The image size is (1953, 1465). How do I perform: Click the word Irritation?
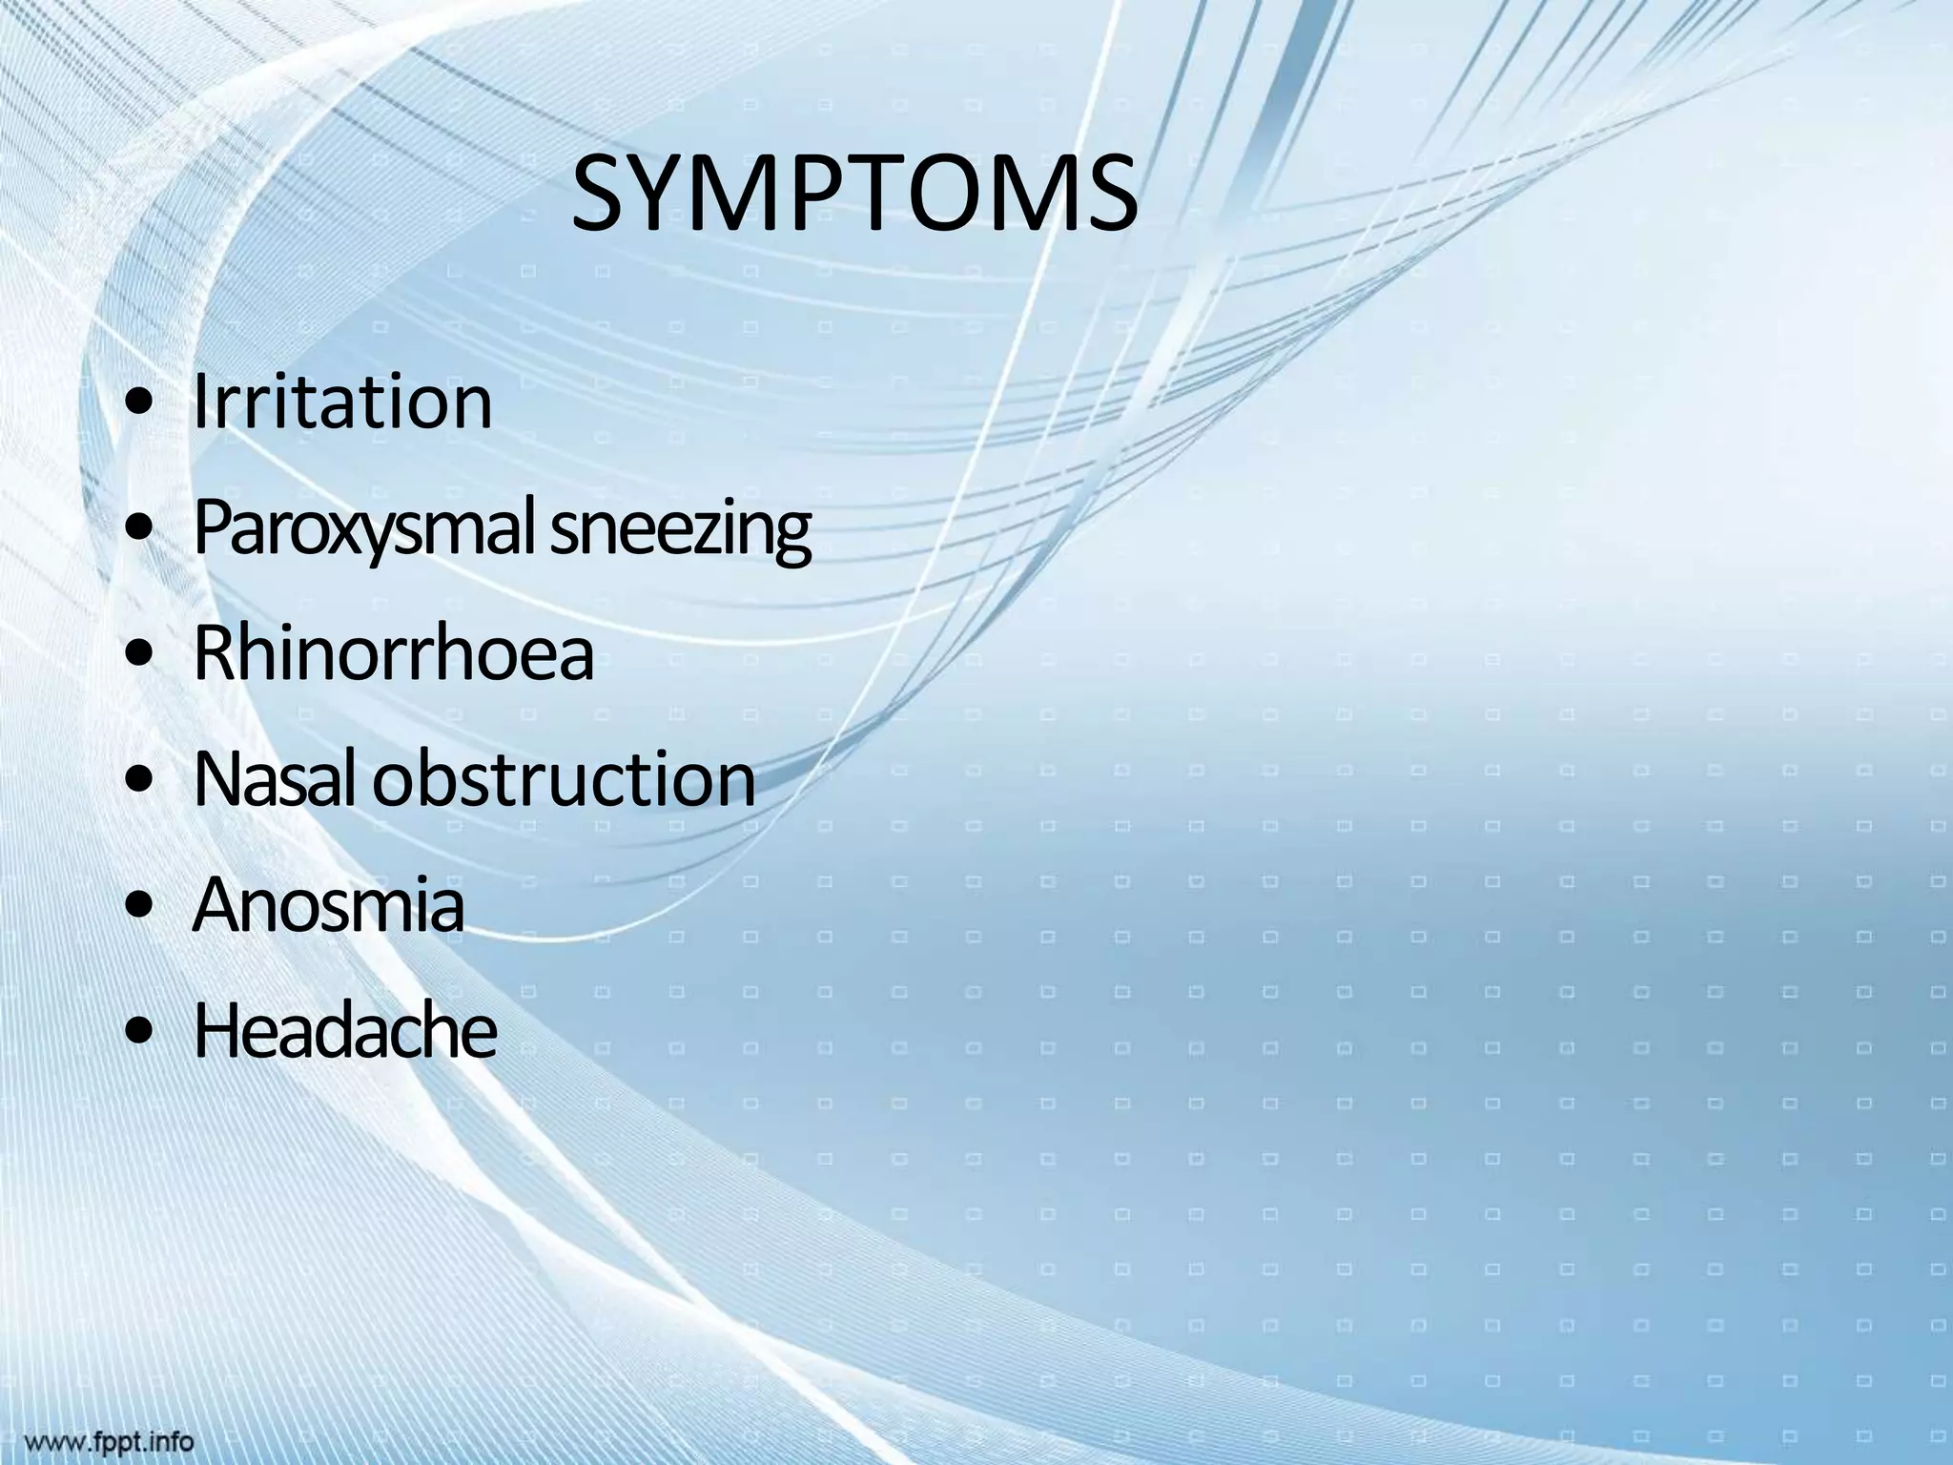[342, 402]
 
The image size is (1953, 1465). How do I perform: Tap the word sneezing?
[681, 530]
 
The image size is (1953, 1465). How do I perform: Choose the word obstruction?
[565, 780]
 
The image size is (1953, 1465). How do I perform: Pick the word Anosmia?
[328, 906]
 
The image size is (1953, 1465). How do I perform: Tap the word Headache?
[344, 1032]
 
